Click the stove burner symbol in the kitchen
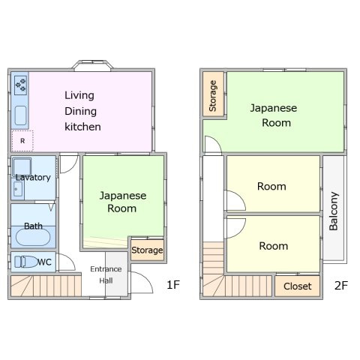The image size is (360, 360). [x=21, y=85]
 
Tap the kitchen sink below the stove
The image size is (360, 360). [x=20, y=115]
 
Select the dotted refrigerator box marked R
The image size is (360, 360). [x=22, y=141]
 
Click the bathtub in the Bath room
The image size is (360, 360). [x=33, y=238]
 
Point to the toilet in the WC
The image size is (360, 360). [x=25, y=262]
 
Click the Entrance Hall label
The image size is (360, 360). [x=106, y=274]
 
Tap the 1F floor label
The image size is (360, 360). [x=173, y=285]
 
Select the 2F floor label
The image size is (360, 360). [x=341, y=285]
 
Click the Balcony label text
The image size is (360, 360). [x=334, y=211]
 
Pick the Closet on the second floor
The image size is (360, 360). [x=298, y=286]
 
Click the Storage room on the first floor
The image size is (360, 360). [x=148, y=250]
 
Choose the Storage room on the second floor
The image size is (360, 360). [x=213, y=94]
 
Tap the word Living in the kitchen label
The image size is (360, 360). [x=79, y=95]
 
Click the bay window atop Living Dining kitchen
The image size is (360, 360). [x=92, y=64]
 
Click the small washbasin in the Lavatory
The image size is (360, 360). [x=18, y=189]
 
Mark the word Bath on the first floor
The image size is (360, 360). [x=33, y=226]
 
